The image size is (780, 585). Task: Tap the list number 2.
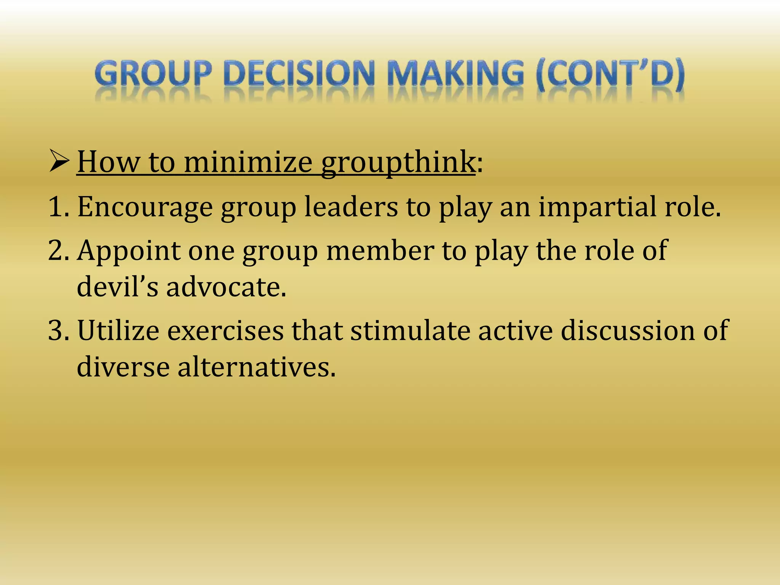[x=57, y=250]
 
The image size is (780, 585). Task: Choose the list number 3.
[x=57, y=330]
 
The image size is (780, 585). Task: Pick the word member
[x=380, y=251]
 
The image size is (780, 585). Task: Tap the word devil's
[x=117, y=287]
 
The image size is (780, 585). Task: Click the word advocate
[x=225, y=287]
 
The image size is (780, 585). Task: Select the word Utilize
[x=118, y=330]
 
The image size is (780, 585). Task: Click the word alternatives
[x=256, y=367]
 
